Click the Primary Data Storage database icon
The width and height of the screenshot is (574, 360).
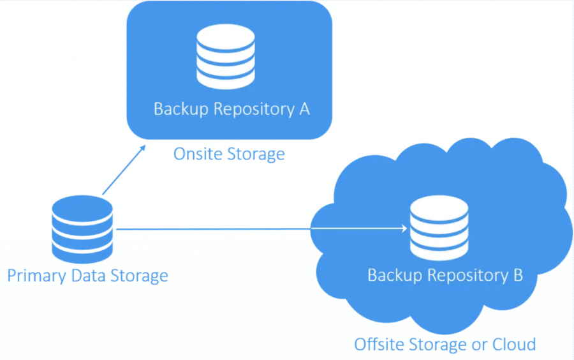pyautogui.click(x=82, y=229)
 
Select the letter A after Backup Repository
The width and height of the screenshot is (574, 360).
pyautogui.click(x=304, y=109)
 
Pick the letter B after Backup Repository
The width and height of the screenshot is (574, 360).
pyautogui.click(x=517, y=275)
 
